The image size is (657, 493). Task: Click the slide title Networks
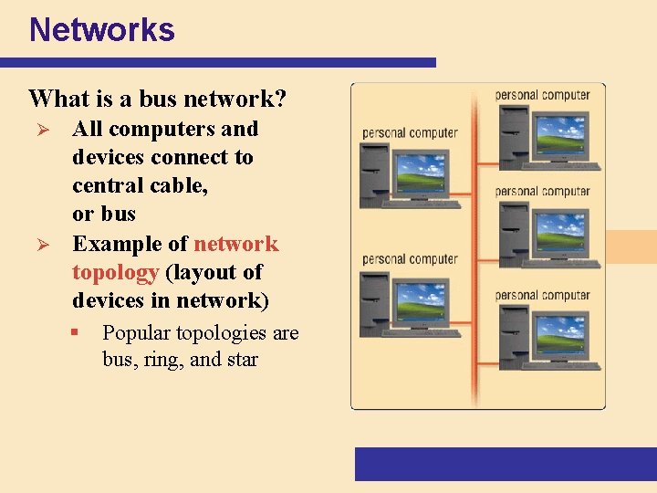tap(101, 30)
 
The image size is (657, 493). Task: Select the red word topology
tap(116, 272)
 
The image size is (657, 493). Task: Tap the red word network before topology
tap(236, 244)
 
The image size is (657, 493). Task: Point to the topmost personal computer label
tap(542, 95)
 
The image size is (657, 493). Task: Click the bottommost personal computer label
tap(542, 296)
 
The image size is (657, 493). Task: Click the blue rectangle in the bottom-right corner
tap(506, 464)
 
